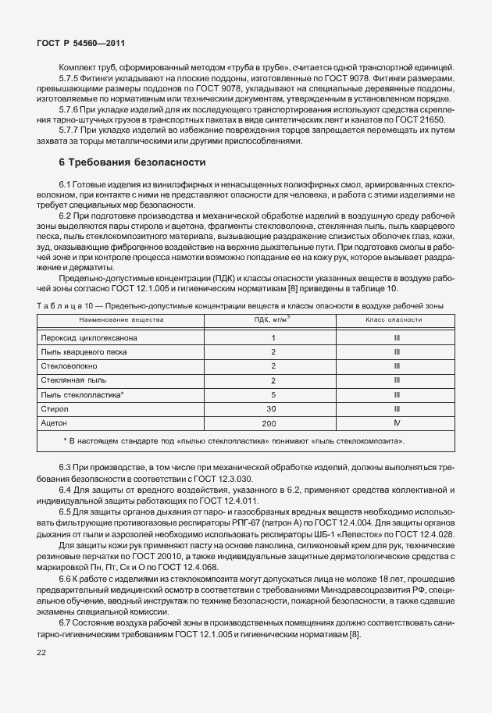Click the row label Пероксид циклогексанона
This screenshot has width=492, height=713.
tap(88, 338)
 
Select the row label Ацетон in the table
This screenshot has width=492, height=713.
tap(55, 422)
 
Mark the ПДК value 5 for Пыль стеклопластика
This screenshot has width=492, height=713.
tap(273, 394)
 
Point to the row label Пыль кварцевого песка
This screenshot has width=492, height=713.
tap(85, 352)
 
